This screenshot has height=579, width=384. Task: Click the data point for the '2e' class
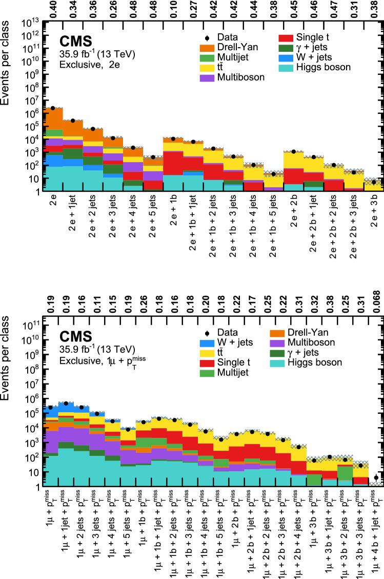pyautogui.click(x=52, y=108)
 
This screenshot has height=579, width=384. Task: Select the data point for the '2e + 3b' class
pyautogui.click(x=374, y=182)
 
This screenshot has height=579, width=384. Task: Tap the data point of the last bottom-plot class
pyautogui.click(x=376, y=477)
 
